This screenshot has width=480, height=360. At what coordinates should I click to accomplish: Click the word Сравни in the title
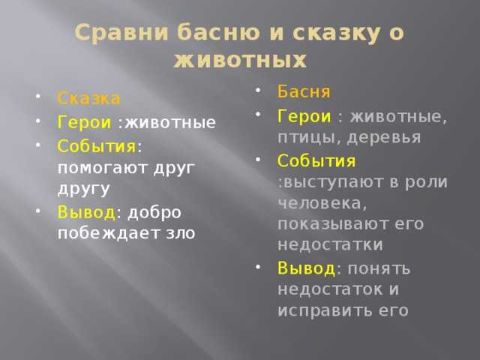(121, 33)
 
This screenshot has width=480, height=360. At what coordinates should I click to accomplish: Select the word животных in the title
(240, 59)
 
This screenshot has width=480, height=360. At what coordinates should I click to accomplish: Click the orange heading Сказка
(88, 98)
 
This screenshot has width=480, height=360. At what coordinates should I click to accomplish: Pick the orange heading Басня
(304, 91)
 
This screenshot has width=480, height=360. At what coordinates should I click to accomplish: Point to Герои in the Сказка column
(84, 122)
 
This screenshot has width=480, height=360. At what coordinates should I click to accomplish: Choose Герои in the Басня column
(304, 117)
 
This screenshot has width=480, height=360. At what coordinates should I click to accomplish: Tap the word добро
(154, 213)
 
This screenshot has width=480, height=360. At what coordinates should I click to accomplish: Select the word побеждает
(109, 232)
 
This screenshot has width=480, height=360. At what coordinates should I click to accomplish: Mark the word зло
(181, 234)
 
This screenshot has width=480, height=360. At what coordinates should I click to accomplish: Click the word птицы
(310, 138)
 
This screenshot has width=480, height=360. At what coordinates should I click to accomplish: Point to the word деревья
(384, 138)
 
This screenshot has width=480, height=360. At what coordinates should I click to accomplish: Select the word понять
(379, 269)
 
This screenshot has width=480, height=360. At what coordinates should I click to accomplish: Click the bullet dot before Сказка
(38, 97)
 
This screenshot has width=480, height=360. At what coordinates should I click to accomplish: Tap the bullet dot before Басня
(258, 90)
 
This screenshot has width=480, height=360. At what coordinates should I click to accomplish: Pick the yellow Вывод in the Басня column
(307, 268)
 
